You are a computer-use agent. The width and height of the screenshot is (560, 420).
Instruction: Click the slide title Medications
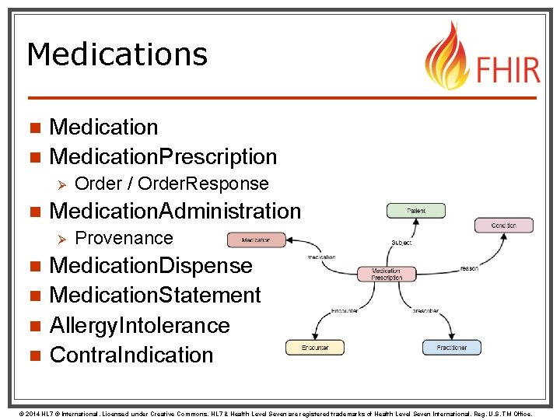point(117,54)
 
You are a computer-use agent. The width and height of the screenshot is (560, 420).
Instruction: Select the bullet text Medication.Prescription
point(163,156)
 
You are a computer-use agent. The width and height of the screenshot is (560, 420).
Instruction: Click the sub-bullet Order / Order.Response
point(172,184)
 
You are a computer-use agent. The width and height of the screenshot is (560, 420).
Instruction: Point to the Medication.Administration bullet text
point(175,211)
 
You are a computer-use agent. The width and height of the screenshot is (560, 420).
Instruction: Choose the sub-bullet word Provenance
point(124,238)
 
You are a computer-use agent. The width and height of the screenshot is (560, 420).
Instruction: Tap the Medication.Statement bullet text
point(155,296)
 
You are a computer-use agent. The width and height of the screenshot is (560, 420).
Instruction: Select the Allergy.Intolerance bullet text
point(140,325)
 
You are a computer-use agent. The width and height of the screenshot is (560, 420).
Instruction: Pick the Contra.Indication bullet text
point(131,355)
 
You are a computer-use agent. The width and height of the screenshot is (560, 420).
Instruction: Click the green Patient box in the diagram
point(416,211)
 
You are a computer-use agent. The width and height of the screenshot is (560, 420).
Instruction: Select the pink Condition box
point(504,226)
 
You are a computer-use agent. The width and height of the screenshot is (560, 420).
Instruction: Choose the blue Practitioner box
point(452,348)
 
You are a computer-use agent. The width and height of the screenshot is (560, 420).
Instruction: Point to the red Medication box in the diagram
point(256,240)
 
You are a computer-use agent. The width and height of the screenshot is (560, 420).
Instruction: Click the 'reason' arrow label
point(469,268)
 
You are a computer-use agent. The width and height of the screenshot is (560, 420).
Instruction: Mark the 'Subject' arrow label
point(401,243)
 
